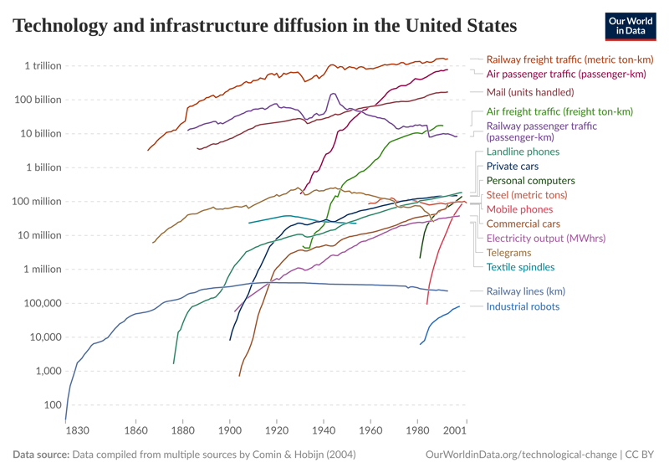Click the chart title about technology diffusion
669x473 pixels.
coord(265,25)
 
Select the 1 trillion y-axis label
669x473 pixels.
coord(43,65)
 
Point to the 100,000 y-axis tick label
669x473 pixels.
coord(39,303)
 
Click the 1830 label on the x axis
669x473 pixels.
coord(77,431)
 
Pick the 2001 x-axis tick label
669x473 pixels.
coord(455,431)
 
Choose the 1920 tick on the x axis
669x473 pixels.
coord(277,431)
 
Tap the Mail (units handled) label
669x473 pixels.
coord(530,92)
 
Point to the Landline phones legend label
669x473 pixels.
coord(523,152)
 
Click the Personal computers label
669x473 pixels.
coord(530,181)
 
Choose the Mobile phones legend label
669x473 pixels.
coord(519,209)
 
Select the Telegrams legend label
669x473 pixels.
coord(508,252)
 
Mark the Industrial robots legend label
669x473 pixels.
coord(523,306)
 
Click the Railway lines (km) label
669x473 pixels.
coord(526,291)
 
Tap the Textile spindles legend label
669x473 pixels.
coord(520,267)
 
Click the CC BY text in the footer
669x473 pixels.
coord(643,455)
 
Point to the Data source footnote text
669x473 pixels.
coord(184,455)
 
